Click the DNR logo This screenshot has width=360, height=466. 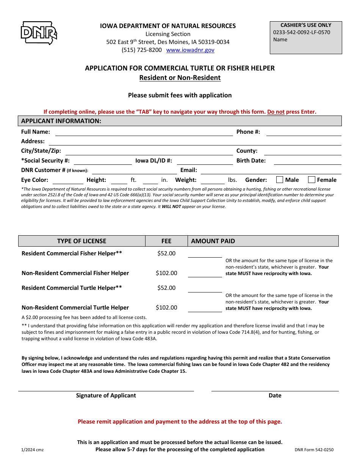(x=39, y=33)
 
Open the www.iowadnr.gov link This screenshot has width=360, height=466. (x=190, y=50)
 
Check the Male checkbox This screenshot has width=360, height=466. (x=280, y=180)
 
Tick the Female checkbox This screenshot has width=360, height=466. (x=311, y=180)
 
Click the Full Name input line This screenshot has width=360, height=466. (x=144, y=132)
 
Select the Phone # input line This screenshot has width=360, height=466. (x=304, y=132)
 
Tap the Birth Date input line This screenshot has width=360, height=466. (x=307, y=161)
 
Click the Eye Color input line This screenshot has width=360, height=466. (x=66, y=180)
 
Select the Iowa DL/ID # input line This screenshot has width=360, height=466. (x=205, y=161)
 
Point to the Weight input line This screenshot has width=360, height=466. (x=212, y=180)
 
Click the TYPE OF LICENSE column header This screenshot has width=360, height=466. (x=81, y=241)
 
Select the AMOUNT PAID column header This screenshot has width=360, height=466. (x=213, y=241)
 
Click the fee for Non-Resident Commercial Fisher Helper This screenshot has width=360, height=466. (x=166, y=273)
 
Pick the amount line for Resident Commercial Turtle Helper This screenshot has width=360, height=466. (x=205, y=289)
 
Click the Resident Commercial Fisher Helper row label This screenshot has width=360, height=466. (x=72, y=253)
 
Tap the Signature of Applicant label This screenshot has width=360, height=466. (x=106, y=396)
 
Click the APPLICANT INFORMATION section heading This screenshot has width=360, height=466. (x=61, y=121)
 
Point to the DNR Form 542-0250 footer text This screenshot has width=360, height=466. (x=314, y=450)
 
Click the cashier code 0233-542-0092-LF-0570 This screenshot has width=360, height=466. (x=301, y=32)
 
